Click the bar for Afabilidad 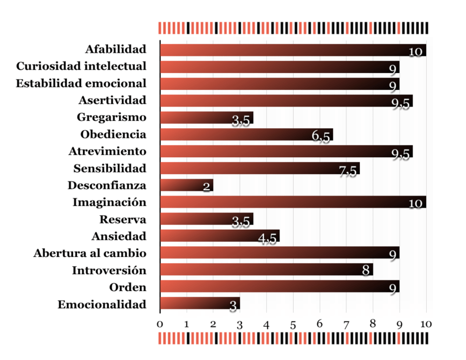coord(293,50)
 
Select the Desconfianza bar coord(186,185)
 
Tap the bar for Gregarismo coord(206,117)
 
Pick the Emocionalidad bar coord(199,304)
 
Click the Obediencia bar coord(246,134)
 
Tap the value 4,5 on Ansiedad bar coord(267,239)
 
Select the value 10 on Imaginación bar coord(415,203)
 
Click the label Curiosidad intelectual coord(81,66)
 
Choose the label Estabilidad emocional coord(81,83)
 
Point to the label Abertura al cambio coord(90,253)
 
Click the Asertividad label coord(112,100)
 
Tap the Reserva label coord(123,219)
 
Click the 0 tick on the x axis coord(160,324)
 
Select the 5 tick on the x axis coord(293,324)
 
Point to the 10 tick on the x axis coord(426,324)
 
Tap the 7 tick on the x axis coord(346,324)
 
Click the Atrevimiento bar coord(286,151)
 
